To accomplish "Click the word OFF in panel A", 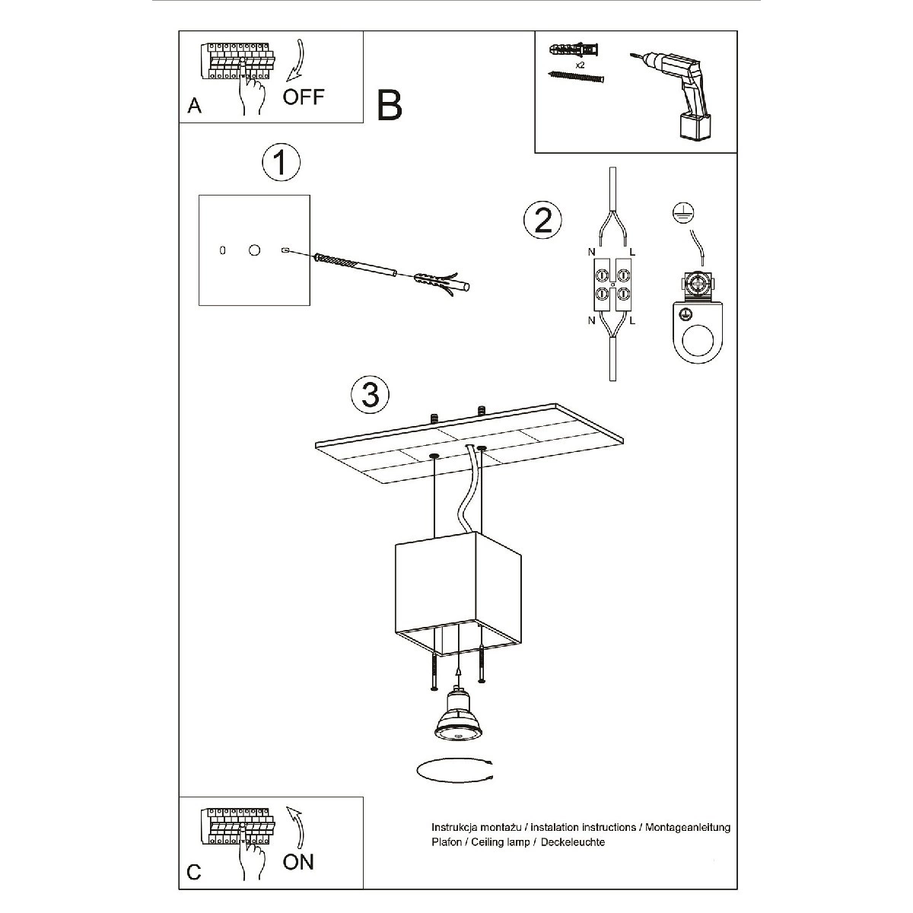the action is pyautogui.click(x=304, y=97).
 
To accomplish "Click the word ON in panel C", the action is pyautogui.click(x=298, y=862).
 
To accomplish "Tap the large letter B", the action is pyautogui.click(x=390, y=105).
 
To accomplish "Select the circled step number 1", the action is pyautogui.click(x=281, y=162).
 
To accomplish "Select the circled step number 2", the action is pyautogui.click(x=542, y=221).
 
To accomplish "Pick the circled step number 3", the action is pyautogui.click(x=370, y=394).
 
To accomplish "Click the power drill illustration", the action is pyautogui.click(x=673, y=95).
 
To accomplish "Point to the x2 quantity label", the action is pyautogui.click(x=580, y=65).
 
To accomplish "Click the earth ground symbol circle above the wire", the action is pyautogui.click(x=683, y=213).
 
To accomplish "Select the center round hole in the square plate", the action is pyautogui.click(x=254, y=250).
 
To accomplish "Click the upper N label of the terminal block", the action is pyautogui.click(x=591, y=252).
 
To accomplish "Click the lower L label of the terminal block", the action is pyautogui.click(x=632, y=321).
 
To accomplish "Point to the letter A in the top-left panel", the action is pyautogui.click(x=194, y=106).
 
